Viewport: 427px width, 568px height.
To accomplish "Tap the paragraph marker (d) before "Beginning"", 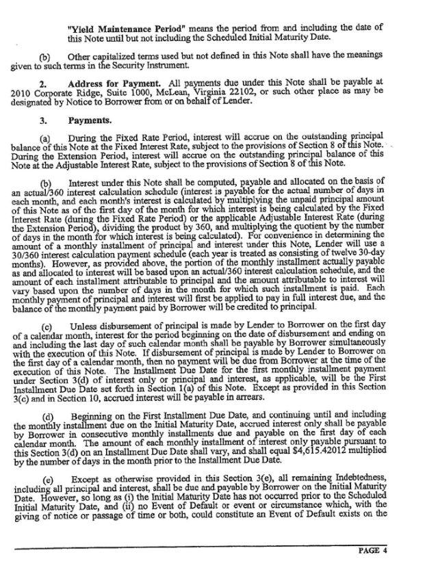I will [47, 417].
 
